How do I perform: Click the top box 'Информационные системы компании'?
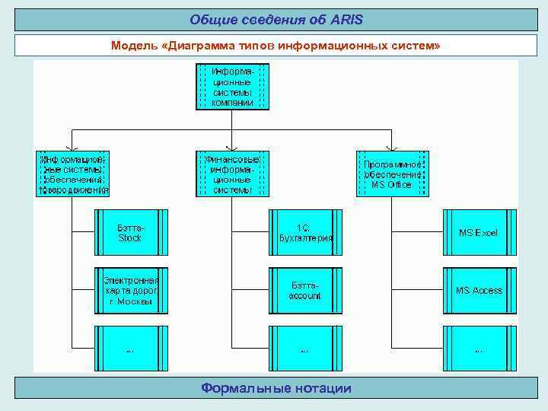tap(232, 86)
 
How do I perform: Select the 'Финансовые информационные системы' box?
tap(232, 174)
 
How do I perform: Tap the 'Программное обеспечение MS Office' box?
tap(392, 174)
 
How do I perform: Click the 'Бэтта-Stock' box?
tap(131, 233)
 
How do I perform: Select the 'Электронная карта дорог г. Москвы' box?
tap(131, 291)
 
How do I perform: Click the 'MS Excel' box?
tap(479, 233)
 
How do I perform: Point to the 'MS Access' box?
tap(479, 291)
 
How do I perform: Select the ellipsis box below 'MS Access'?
tap(479, 349)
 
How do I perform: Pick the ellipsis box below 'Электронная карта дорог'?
tap(131, 349)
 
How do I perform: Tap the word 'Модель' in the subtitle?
tap(134, 46)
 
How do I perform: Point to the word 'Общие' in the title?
tap(208, 18)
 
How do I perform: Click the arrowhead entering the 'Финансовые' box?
tap(232, 149)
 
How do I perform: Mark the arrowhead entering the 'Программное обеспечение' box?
tap(392, 149)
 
